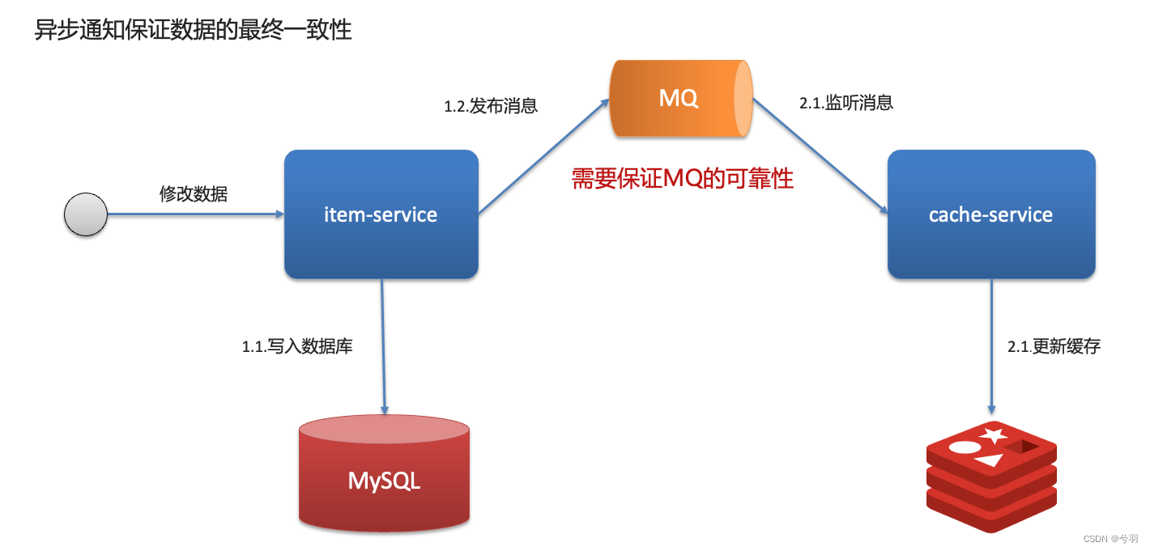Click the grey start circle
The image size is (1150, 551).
pyautogui.click(x=86, y=215)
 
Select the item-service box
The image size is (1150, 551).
pyautogui.click(x=381, y=214)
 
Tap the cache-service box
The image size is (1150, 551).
pyautogui.click(x=991, y=214)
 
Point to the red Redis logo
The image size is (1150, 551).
pyautogui.click(x=991, y=477)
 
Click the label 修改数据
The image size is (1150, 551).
pyautogui.click(x=194, y=194)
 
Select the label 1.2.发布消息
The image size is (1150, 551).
pyautogui.click(x=491, y=106)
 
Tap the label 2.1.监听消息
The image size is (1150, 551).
pyautogui.click(x=846, y=104)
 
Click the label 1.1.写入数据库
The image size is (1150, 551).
pyautogui.click(x=297, y=347)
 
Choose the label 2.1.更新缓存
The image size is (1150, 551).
pyautogui.click(x=1054, y=347)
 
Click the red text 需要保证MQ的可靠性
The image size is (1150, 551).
pyautogui.click(x=682, y=179)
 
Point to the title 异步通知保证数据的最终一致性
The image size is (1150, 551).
pyautogui.click(x=193, y=31)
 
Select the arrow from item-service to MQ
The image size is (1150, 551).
pyautogui.click(x=543, y=157)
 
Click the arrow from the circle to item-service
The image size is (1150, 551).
pyautogui.click(x=194, y=214)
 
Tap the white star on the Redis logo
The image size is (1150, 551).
pyautogui.click(x=993, y=435)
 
